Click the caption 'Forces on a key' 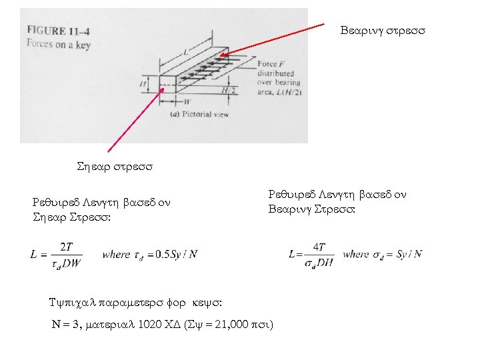(58, 44)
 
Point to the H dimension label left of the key (143, 84)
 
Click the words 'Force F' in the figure (271, 64)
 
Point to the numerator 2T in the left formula (67, 247)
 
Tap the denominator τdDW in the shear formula (66, 263)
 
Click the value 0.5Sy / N (176, 254)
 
